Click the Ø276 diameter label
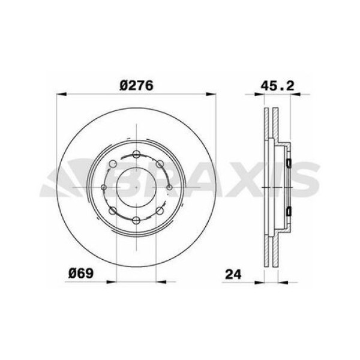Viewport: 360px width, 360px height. [137, 85]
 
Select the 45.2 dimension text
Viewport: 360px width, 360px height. [276, 85]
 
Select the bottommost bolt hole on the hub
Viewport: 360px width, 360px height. [137, 220]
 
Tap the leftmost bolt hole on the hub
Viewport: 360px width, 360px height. [104, 188]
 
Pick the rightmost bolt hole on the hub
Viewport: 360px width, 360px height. [170, 188]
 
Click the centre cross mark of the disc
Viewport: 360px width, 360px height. [137, 188]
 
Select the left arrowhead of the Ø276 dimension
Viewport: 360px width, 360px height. [62, 94]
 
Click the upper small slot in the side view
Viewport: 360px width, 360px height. [288, 164]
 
